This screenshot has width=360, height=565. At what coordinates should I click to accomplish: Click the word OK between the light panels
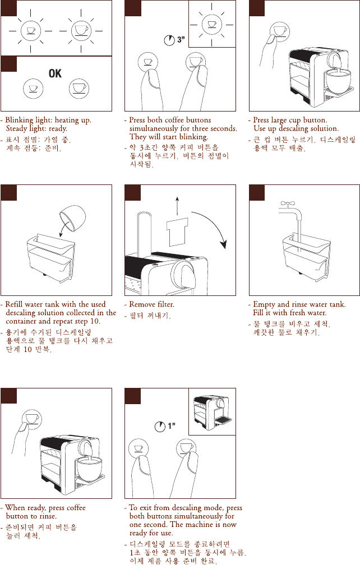pyautogui.click(x=55, y=73)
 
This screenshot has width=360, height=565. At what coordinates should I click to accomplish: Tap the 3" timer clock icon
pyautogui.click(x=169, y=40)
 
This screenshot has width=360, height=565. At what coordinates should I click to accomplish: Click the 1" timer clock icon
pyautogui.click(x=160, y=427)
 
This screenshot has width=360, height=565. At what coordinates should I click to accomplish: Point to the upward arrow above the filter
pyautogui.click(x=177, y=206)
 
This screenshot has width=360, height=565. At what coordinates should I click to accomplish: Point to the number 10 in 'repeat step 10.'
pyautogui.click(x=94, y=321)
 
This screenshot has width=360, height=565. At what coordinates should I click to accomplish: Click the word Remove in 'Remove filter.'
pyautogui.click(x=141, y=304)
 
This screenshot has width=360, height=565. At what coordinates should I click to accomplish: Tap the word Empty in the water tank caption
pyautogui.click(x=264, y=305)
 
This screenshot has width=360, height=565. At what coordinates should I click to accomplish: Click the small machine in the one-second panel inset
pyautogui.click(x=212, y=413)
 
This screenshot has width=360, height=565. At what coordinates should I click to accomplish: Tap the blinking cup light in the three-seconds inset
pyautogui.click(x=212, y=25)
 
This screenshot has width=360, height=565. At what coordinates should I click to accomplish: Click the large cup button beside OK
pyautogui.click(x=79, y=89)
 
